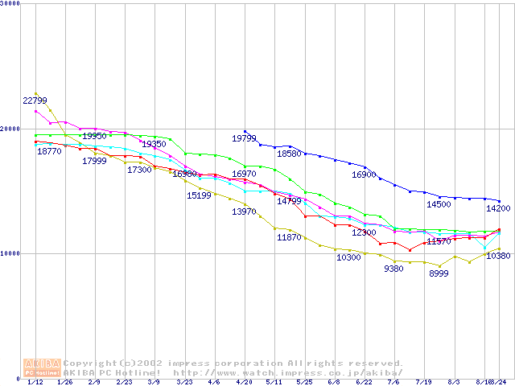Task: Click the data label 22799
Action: click(35, 101)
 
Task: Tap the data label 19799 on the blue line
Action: click(244, 139)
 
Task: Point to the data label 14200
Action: click(497, 208)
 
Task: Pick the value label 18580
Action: click(289, 154)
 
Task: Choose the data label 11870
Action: click(289, 238)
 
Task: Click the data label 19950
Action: click(95, 137)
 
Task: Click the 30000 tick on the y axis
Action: click(10, 3)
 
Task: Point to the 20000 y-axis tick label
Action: click(10, 129)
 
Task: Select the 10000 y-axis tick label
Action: click(10, 253)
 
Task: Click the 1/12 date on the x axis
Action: click(35, 383)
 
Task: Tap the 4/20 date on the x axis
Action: click(245, 383)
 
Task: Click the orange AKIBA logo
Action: click(42, 367)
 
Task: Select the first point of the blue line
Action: click(245, 131)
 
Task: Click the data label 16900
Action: click(364, 175)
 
